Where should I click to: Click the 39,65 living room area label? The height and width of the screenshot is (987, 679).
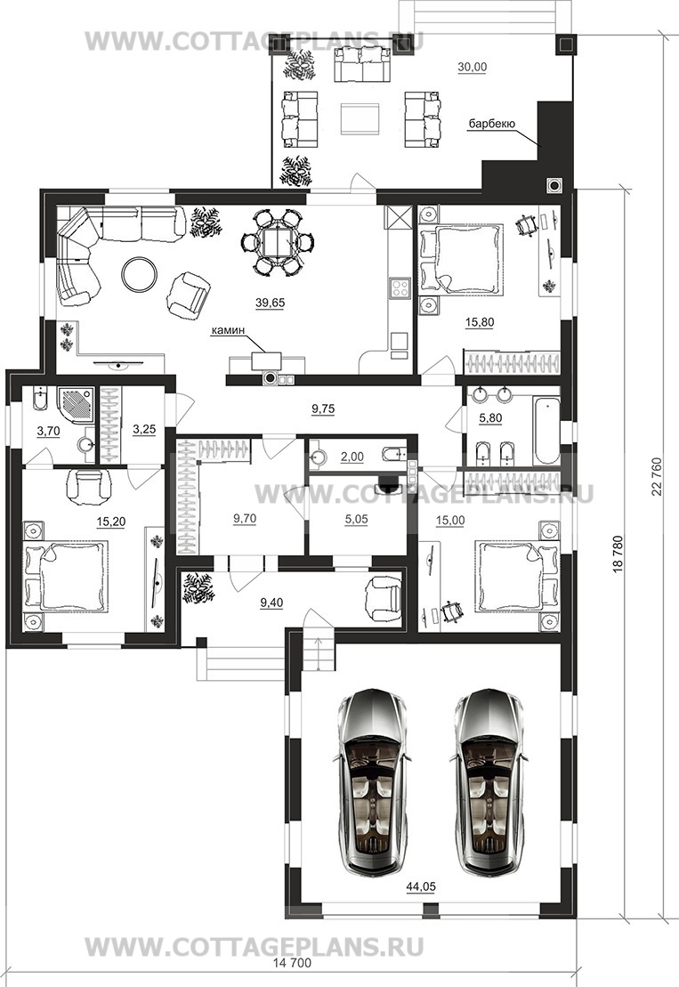270,303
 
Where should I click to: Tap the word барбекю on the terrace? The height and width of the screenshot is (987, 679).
491,124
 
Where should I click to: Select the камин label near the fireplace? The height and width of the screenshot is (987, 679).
227,329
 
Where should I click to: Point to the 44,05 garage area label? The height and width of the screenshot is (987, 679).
421,887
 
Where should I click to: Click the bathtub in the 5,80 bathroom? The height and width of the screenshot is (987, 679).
546,430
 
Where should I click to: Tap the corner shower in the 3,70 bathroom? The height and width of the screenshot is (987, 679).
77,404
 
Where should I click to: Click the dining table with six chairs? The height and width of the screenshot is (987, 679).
277,242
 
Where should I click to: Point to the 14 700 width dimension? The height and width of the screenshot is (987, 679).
292,963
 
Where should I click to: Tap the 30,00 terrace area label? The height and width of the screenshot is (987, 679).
472,67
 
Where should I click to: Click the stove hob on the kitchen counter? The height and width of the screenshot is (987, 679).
400,287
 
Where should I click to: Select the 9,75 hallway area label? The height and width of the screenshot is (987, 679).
323,409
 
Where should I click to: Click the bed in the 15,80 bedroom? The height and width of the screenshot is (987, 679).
462,259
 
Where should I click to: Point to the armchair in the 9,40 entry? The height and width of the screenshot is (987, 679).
383,596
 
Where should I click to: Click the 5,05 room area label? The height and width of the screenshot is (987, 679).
356,519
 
